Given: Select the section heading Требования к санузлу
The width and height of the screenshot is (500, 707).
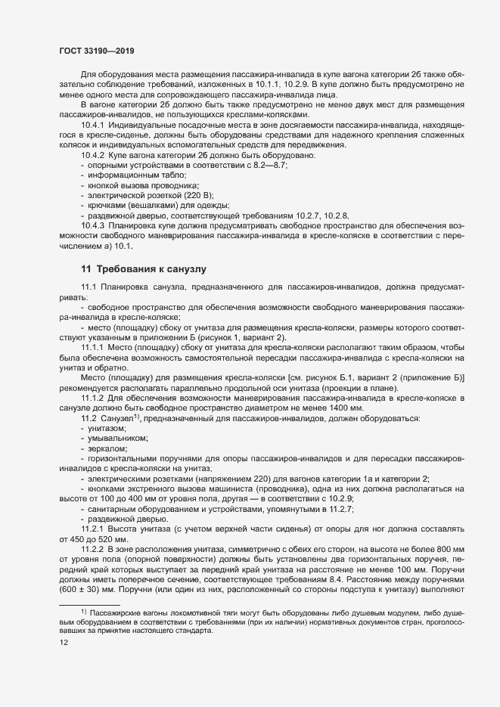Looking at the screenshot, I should pos(146,268).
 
